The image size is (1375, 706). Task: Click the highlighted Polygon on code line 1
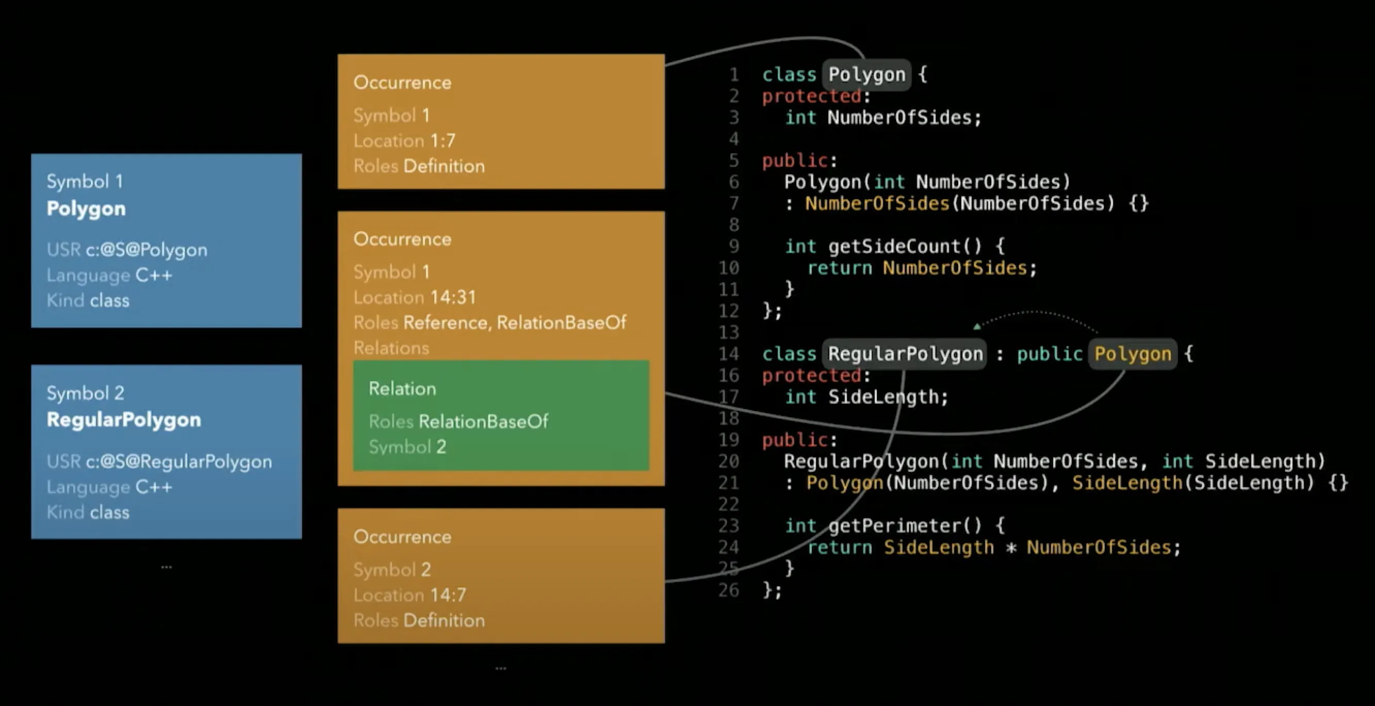867,75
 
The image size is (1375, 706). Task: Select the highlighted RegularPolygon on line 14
905,354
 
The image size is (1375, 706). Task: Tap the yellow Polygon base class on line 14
1133,354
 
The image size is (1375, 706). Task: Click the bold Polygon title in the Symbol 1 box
86,208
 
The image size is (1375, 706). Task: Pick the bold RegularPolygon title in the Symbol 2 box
124,420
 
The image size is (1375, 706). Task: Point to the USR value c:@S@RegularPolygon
179,462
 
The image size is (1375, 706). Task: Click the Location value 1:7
443,141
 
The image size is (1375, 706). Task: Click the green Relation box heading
402,389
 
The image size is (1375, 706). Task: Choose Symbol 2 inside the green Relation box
407,447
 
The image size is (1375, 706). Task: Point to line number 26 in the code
729,590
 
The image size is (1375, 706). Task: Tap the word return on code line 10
839,268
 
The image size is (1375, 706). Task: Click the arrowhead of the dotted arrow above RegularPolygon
977,326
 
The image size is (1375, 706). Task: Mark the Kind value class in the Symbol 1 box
109,301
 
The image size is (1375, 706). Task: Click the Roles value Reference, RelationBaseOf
515,323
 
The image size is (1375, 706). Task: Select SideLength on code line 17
883,397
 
